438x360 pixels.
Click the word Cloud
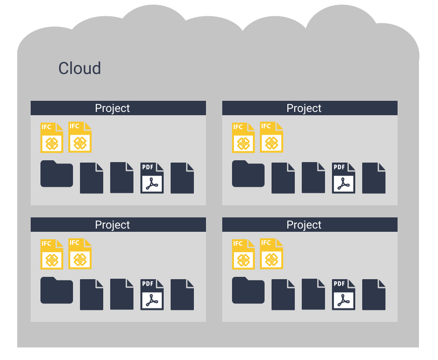(x=80, y=68)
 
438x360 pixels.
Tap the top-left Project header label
(x=113, y=108)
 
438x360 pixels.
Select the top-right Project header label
(x=304, y=108)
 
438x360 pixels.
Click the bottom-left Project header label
(x=113, y=225)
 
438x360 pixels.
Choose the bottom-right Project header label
(x=304, y=225)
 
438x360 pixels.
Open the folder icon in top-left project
(x=57, y=174)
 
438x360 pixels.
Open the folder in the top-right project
(x=248, y=174)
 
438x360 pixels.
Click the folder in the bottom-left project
(x=57, y=291)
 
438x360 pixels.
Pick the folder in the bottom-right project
(x=248, y=291)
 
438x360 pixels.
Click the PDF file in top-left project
(x=152, y=178)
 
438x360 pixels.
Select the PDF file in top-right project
(x=344, y=178)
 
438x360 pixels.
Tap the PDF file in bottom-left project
(x=152, y=295)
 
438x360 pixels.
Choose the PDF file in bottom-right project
(x=344, y=295)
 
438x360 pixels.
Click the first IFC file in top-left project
(x=52, y=138)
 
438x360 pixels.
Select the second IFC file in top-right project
(x=272, y=138)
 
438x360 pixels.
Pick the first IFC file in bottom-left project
(x=52, y=255)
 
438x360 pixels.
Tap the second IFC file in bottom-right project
(x=272, y=255)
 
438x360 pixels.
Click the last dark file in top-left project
(x=182, y=178)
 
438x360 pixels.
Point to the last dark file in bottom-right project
(x=374, y=295)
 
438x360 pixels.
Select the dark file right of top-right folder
(x=283, y=178)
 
